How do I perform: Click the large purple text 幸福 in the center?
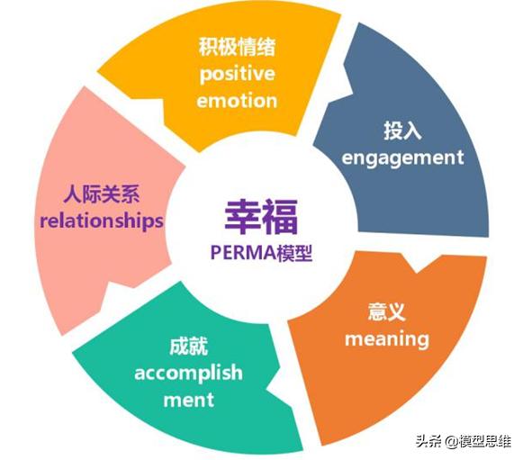(x=261, y=217)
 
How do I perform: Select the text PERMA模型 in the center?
(x=261, y=253)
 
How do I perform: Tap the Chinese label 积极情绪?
(x=237, y=47)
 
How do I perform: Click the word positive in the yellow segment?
(x=237, y=74)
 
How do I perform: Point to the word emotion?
(x=237, y=101)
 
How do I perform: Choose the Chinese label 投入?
(x=402, y=131)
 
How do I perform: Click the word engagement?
(x=402, y=158)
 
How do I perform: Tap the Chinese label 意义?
(x=386, y=311)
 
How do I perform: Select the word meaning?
(x=387, y=339)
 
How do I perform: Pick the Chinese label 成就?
(x=188, y=347)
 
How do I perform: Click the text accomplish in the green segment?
(x=188, y=373)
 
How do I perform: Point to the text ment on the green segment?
(x=188, y=400)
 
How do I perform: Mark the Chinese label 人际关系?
(x=102, y=194)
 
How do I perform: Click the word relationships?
(x=102, y=221)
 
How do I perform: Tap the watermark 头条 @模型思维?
(x=464, y=441)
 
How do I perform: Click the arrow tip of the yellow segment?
(x=354, y=91)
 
